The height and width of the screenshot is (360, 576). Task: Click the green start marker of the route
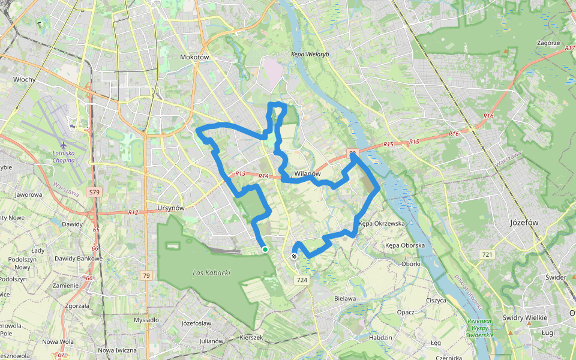(265, 249)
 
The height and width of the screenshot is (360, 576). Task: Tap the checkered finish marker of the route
(294, 256)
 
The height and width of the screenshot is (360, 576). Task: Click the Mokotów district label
(194, 57)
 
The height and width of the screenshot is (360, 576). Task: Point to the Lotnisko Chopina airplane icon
(64, 145)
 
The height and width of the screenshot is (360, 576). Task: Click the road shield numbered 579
(94, 192)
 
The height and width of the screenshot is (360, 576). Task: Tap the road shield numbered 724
(302, 280)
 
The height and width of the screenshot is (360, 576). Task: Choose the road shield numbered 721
(487, 256)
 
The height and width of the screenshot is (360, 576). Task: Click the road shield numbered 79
(146, 275)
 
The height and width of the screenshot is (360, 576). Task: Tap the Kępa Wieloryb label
(310, 54)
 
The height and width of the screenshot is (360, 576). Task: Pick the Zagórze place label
(548, 43)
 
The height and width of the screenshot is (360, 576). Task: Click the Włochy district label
(24, 79)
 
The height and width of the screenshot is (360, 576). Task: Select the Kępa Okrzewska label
(382, 223)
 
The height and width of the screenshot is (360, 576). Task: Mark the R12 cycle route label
(133, 212)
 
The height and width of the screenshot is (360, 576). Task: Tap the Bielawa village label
(345, 298)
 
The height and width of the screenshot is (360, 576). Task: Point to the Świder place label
(556, 277)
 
